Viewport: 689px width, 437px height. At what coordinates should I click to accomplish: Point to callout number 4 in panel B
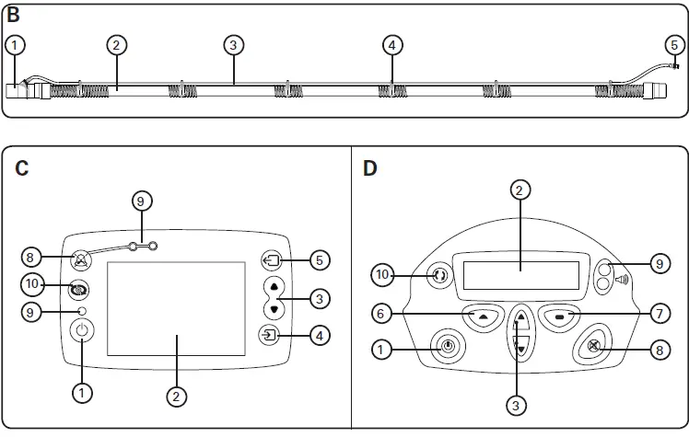(392, 44)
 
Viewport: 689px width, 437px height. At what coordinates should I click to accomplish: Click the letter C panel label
(22, 169)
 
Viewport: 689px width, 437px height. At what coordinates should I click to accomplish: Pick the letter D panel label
(370, 169)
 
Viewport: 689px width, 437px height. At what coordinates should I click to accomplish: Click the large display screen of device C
(176, 308)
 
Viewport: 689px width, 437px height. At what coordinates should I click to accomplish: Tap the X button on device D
(595, 348)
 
